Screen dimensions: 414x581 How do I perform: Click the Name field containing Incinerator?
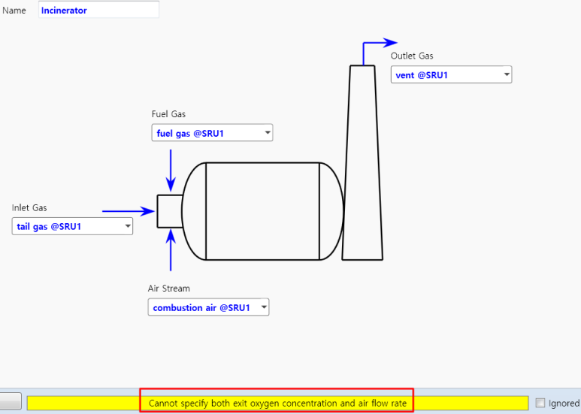coord(98,11)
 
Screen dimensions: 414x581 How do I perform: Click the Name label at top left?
coord(14,11)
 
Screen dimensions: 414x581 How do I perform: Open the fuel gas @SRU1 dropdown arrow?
coord(267,134)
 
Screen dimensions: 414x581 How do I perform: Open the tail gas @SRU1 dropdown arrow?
coord(127,226)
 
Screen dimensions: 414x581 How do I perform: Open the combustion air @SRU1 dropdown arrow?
coord(263,307)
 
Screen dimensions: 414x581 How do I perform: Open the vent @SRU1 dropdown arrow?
coord(507,75)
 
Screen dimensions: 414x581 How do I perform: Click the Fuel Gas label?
coord(168,114)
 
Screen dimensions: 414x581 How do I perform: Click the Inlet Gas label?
coord(29,207)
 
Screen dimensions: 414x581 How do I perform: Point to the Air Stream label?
coord(168,289)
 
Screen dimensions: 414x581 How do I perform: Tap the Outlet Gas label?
coord(412,56)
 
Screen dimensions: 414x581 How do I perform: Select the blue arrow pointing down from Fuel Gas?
coord(171,170)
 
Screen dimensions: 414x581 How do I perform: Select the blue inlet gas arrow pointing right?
coord(128,212)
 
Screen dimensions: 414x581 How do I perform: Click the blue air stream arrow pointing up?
coord(171,250)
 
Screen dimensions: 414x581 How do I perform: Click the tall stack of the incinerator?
coord(362,165)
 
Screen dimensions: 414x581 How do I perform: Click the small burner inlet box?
coord(169,211)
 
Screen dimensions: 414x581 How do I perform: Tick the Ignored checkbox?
coord(540,403)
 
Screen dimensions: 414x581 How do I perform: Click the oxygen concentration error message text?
coord(277,403)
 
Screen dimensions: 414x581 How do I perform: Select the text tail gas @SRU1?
coord(49,226)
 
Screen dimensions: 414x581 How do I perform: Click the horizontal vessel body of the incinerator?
coord(262,211)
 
